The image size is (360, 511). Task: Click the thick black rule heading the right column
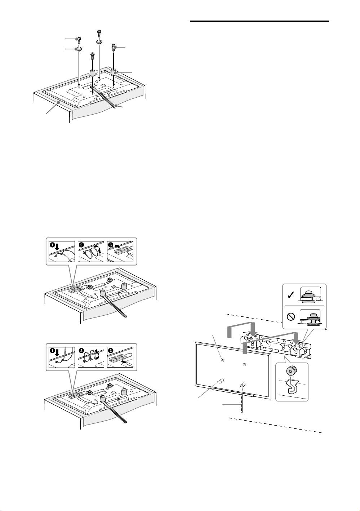pos(259,22)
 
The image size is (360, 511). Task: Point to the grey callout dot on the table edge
pos(59,102)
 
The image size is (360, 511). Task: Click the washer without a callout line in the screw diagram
pos(99,42)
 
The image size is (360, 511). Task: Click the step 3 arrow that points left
pos(117,246)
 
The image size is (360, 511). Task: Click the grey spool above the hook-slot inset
pos(291,372)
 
